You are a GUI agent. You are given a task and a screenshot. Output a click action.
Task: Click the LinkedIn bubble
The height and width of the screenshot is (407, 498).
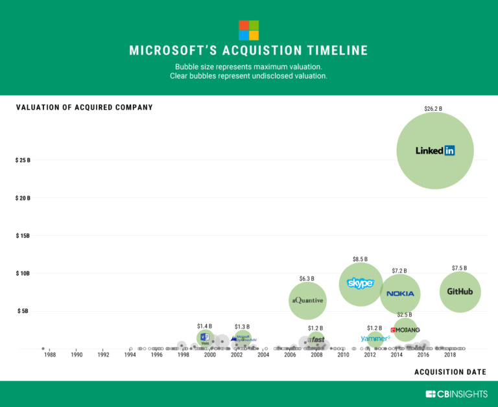[435, 150]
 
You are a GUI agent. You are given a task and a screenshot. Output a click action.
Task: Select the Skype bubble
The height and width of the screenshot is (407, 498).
[361, 284]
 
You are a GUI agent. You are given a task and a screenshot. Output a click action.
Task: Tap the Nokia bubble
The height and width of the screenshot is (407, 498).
[400, 294]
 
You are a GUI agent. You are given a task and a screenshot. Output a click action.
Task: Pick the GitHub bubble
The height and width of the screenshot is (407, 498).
[460, 292]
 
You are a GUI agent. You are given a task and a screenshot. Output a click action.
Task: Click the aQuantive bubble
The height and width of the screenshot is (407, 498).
[307, 300]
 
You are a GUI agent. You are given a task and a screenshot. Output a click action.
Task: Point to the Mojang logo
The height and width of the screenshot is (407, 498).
[405, 330]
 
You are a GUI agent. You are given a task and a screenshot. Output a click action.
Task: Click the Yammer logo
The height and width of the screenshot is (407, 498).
[375, 338]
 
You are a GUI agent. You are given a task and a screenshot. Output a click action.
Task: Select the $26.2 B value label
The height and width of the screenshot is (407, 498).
[433, 109]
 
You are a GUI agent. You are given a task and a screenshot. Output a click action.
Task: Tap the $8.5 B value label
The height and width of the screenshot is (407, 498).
[361, 259]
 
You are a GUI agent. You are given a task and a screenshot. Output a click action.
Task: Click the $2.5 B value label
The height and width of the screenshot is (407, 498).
[404, 315]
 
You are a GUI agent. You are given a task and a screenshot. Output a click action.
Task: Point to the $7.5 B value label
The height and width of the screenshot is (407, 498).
[459, 268]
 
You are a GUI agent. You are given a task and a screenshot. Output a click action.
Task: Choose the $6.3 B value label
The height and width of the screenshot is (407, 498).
[307, 279]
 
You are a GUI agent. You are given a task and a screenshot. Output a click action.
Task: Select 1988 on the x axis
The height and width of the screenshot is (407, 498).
[49, 355]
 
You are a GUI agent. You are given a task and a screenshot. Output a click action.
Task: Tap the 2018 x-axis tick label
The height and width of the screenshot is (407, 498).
[450, 355]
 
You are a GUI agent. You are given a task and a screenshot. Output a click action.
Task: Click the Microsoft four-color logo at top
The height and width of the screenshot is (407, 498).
[248, 30]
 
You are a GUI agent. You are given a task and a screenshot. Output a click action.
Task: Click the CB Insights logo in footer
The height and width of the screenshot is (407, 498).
[456, 394]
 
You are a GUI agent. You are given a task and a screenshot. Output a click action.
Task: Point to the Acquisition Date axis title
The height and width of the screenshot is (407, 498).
[450, 372]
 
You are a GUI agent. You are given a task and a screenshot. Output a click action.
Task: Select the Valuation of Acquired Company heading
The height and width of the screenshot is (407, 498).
[84, 107]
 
